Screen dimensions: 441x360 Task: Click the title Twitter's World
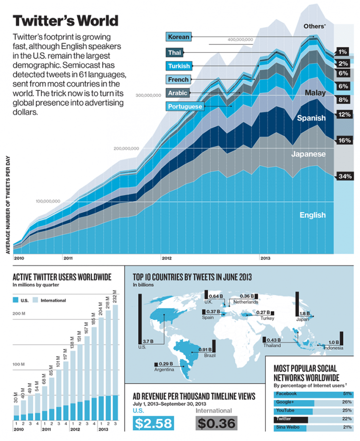tap(65, 21)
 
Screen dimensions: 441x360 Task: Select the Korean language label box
tap(178, 37)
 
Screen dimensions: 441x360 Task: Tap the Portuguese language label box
tap(185, 106)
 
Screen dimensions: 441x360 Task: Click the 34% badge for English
tap(344, 176)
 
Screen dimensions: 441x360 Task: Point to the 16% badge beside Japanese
tap(344, 141)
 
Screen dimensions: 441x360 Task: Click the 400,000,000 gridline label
tap(241, 39)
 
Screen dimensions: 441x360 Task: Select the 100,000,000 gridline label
tap(48, 201)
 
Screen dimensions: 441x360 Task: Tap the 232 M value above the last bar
tap(115, 296)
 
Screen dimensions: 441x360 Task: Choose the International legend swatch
tap(36, 300)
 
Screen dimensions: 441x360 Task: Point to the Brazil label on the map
tap(204, 355)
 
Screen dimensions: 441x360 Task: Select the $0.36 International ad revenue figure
tap(216, 423)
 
